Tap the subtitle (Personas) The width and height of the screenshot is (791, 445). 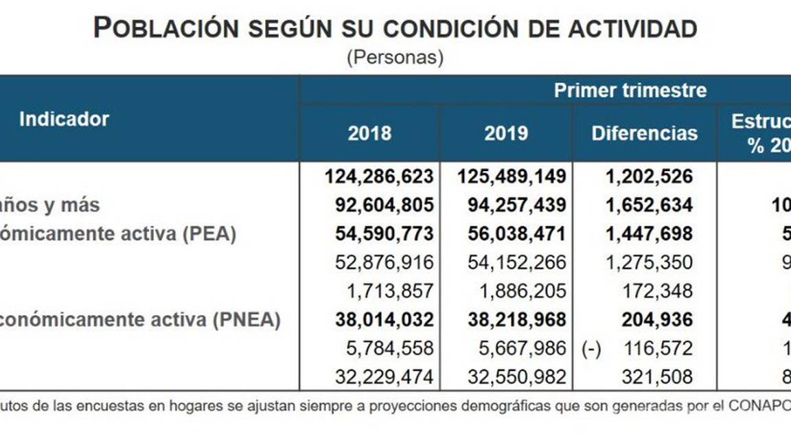pos(395,58)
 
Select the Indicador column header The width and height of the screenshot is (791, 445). pos(64,119)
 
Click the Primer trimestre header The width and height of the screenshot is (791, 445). pos(630,90)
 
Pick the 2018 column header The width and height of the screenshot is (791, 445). pos(369,133)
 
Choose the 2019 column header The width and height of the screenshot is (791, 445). pos(506,133)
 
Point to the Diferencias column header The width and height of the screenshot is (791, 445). pos(644,133)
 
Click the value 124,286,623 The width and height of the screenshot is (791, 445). pos(378,176)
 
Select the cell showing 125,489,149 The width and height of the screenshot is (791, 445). pos(512,176)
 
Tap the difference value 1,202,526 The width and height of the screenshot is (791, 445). pos(649,176)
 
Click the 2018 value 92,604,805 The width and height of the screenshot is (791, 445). pos(384,205)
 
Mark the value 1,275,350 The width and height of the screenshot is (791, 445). pos(649,262)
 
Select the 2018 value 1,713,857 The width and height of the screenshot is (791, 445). pos(389,291)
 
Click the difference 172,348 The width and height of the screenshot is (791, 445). pos(657,291)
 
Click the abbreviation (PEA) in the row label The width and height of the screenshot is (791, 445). pos(209,233)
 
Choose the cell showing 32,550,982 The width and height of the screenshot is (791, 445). pos(517,377)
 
